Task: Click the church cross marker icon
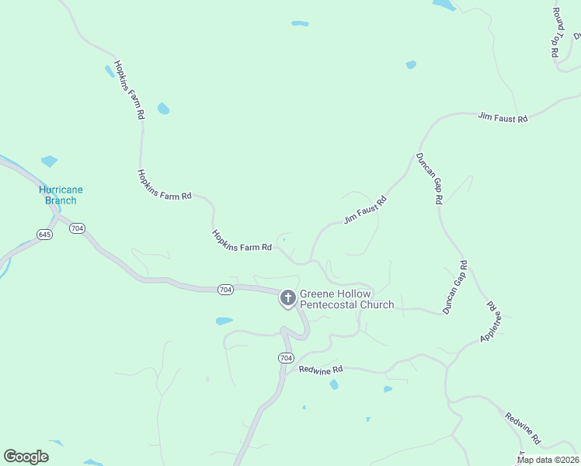[x=287, y=297]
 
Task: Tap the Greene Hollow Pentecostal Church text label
[x=346, y=300]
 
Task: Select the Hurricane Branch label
[x=61, y=195]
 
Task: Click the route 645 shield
[x=44, y=234]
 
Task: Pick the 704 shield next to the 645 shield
[x=77, y=228]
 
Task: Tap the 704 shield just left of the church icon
[x=225, y=290]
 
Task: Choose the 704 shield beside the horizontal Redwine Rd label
[x=286, y=358]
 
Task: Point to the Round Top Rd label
[x=556, y=33]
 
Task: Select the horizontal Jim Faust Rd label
[x=503, y=118]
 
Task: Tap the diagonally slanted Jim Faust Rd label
[x=365, y=210]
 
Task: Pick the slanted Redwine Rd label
[x=522, y=428]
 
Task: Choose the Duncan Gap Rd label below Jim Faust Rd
[x=430, y=178]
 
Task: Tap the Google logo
[x=26, y=457]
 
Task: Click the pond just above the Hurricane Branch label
[x=49, y=162]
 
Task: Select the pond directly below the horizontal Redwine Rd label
[x=334, y=384]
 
